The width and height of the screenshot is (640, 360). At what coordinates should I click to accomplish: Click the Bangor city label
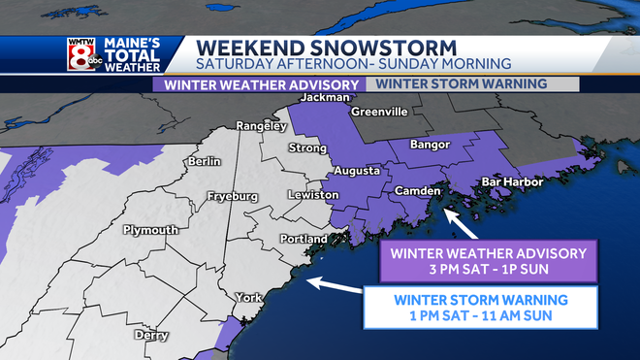coord(432,145)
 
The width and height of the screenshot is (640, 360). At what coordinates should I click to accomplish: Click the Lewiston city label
coord(314,195)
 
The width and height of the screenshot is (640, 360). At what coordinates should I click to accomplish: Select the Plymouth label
coord(149,230)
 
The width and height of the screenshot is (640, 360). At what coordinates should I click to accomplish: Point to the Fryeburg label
coord(234,197)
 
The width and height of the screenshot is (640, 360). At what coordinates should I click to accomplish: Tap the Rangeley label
coord(262,126)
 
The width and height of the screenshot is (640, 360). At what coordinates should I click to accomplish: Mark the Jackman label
coord(323,98)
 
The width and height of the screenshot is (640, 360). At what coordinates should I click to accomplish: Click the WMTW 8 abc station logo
coord(83,53)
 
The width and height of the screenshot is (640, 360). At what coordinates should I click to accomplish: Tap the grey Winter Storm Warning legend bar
coord(472,83)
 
